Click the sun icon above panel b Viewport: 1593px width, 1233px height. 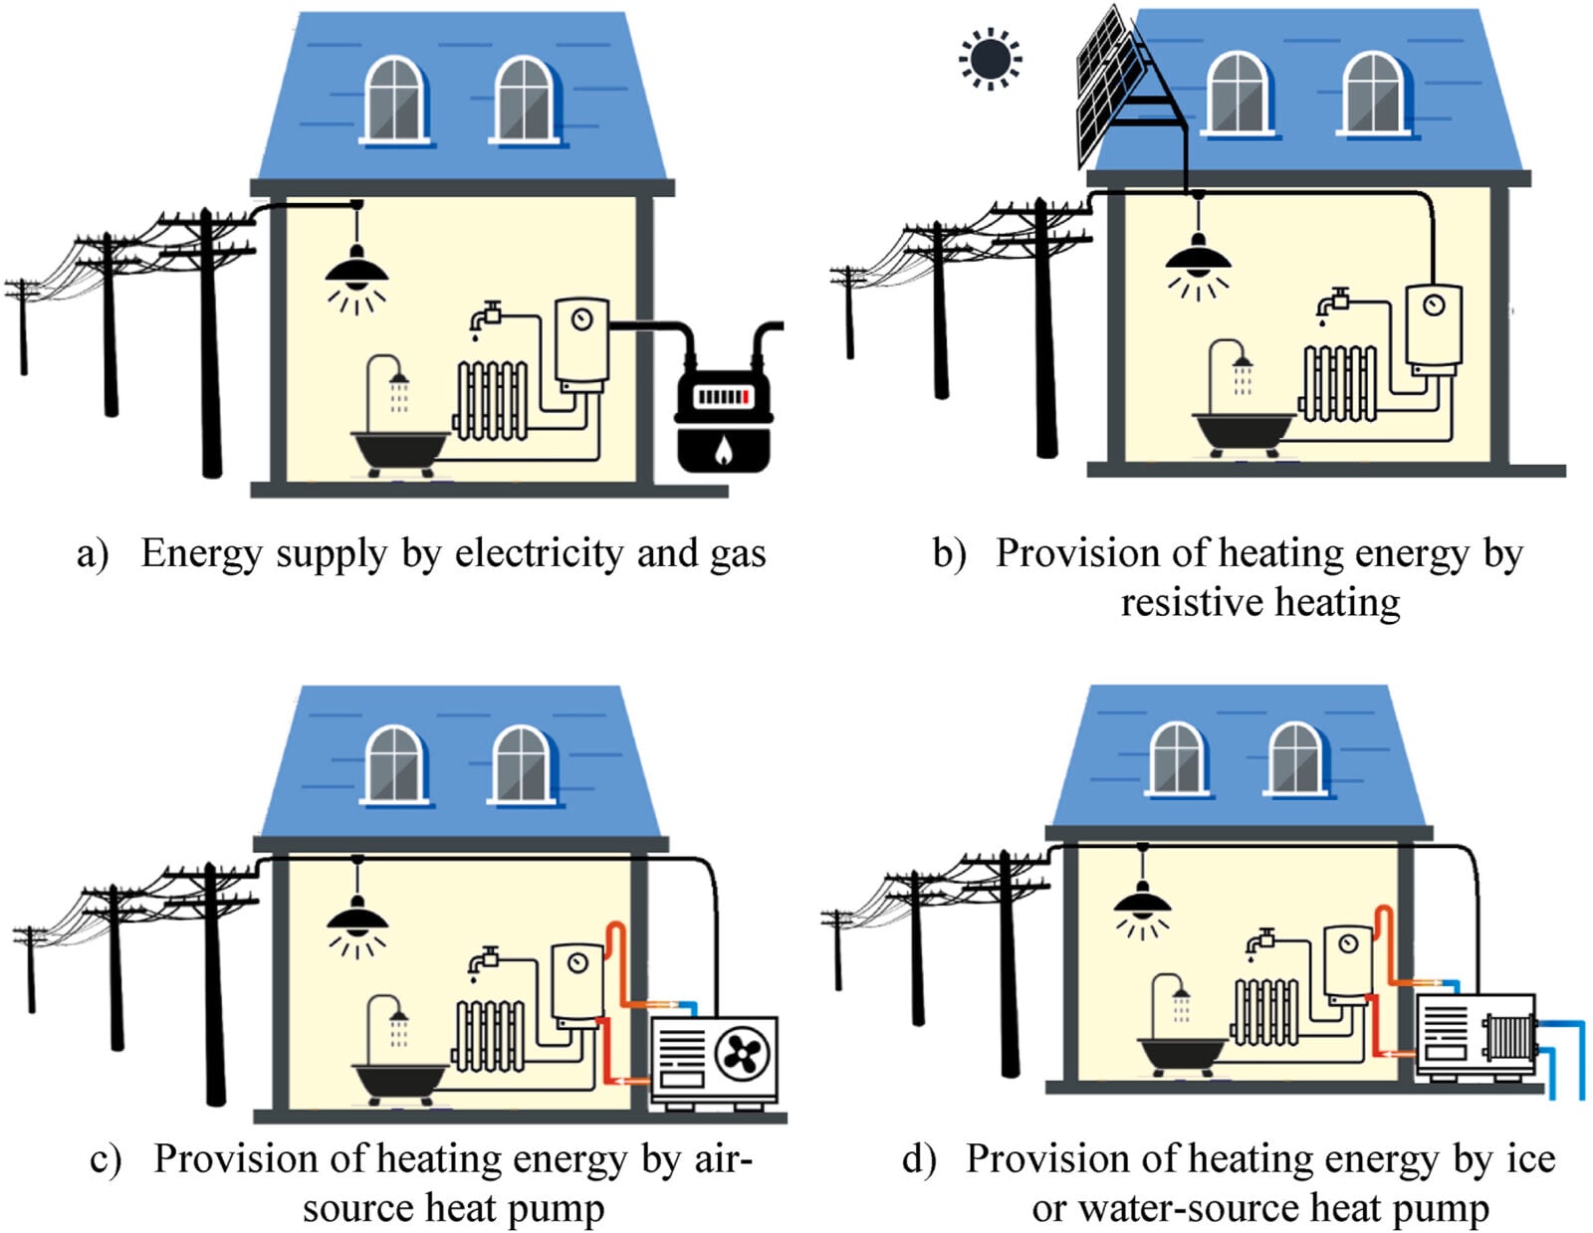point(990,59)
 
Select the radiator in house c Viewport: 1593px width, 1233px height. point(490,1036)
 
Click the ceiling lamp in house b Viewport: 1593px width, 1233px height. point(1198,260)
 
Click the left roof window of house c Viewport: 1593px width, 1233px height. point(395,764)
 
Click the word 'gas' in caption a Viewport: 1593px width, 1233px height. point(738,554)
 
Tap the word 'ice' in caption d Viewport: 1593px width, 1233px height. point(1530,1159)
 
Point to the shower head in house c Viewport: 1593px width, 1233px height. point(398,1016)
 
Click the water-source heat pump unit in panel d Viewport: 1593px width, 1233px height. point(1476,1037)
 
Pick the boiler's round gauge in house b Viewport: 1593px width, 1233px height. point(1434,305)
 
